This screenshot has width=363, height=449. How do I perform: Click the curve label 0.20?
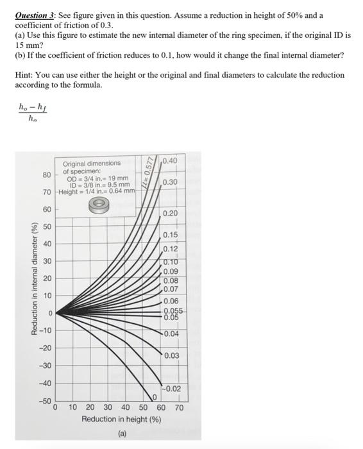(170, 213)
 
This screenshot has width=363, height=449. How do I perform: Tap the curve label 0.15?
(170, 236)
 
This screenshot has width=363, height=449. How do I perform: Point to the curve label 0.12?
(170, 250)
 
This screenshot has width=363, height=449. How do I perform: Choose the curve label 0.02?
(173, 389)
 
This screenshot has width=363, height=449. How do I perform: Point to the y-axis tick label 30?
(47, 261)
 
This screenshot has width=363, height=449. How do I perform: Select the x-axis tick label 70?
(179, 407)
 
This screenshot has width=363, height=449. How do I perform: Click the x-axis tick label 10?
(72, 407)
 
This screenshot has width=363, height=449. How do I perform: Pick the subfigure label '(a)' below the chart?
(121, 434)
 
